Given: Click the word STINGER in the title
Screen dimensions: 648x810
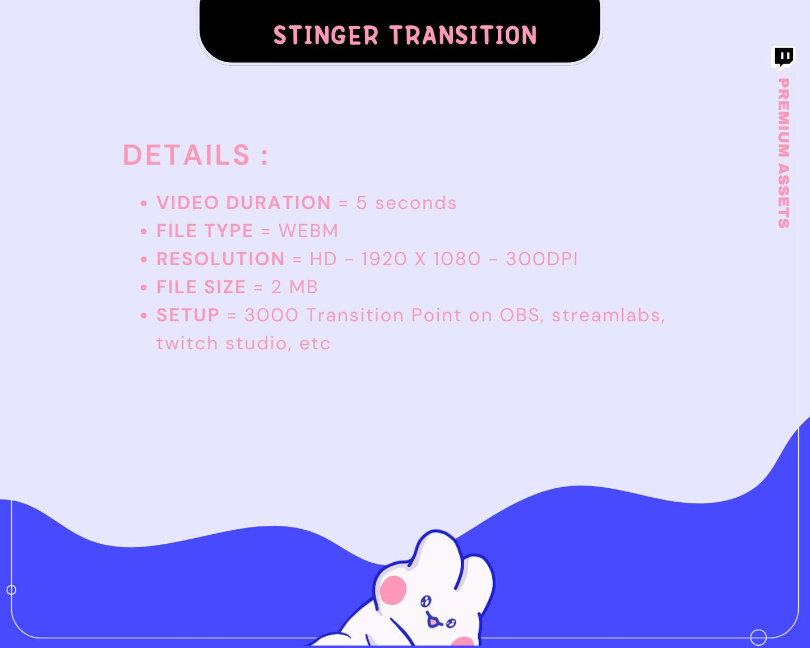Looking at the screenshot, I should (x=326, y=36).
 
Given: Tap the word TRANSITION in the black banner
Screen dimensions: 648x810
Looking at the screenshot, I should (x=464, y=36).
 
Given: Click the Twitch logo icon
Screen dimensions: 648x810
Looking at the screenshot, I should (x=784, y=57).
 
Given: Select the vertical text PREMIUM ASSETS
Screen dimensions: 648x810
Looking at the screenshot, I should (x=783, y=153).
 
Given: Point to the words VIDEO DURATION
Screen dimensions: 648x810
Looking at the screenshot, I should (x=243, y=203).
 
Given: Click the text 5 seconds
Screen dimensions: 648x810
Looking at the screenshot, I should (x=406, y=203).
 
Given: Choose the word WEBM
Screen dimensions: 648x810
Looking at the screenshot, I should (x=308, y=231).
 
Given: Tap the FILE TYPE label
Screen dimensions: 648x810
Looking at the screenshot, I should (x=205, y=231).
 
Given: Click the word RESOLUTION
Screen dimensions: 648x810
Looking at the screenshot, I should (x=220, y=259).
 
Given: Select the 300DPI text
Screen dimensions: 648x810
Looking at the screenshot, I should (x=541, y=259).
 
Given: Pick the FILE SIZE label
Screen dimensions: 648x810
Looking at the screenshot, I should (x=201, y=287).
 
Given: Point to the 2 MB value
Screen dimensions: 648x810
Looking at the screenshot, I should (x=294, y=287).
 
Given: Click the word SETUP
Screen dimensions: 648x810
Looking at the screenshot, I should (x=188, y=315).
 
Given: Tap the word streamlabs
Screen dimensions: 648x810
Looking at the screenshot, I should (x=608, y=315).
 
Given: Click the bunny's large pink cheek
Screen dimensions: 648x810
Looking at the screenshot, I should (x=394, y=590).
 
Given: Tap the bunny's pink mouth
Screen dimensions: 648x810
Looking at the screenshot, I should (x=433, y=621).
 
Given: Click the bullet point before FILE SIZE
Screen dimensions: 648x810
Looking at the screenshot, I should (x=144, y=288).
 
